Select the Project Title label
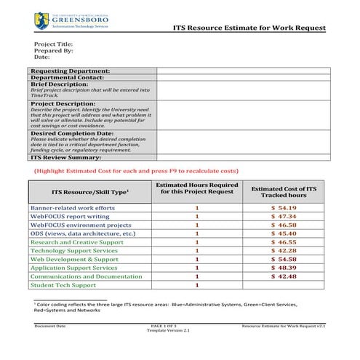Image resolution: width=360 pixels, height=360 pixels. [53, 44]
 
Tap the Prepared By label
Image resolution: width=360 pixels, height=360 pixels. [53, 50]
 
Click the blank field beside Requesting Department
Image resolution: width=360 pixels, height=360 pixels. [243, 71]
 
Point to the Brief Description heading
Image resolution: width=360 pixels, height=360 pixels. [60, 84]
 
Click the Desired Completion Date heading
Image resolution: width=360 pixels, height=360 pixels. [73, 133]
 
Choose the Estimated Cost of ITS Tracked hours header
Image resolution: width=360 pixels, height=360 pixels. [283, 192]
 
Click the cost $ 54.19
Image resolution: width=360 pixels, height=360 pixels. [284, 208]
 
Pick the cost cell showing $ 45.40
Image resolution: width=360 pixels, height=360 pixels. [284, 233]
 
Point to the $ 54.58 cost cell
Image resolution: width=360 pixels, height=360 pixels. [284, 259]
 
